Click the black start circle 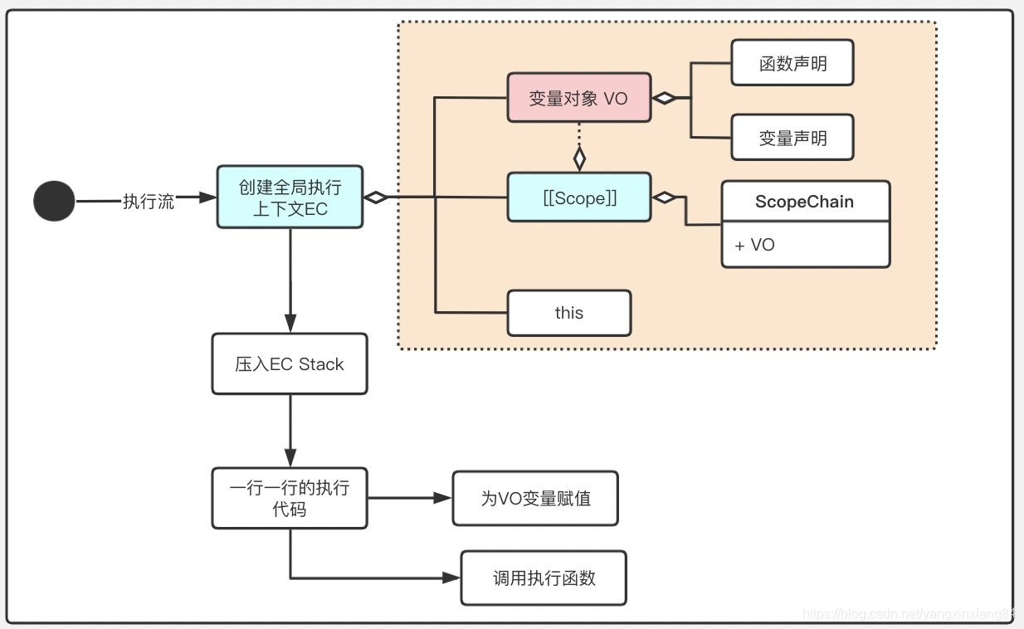54,201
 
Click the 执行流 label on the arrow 149,201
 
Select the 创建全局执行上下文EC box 290,197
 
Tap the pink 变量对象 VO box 578,98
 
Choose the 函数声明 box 792,62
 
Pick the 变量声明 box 792,137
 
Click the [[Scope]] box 578,197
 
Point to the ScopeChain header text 805,202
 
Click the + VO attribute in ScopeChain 755,245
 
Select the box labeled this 569,313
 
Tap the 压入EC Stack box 290,363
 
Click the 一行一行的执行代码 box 290,498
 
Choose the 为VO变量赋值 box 535,498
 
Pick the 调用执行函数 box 544,578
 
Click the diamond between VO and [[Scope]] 579,158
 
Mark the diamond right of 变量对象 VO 664,98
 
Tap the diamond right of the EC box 376,197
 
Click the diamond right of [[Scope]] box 664,197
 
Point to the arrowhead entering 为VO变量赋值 442,498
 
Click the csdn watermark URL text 909,613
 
